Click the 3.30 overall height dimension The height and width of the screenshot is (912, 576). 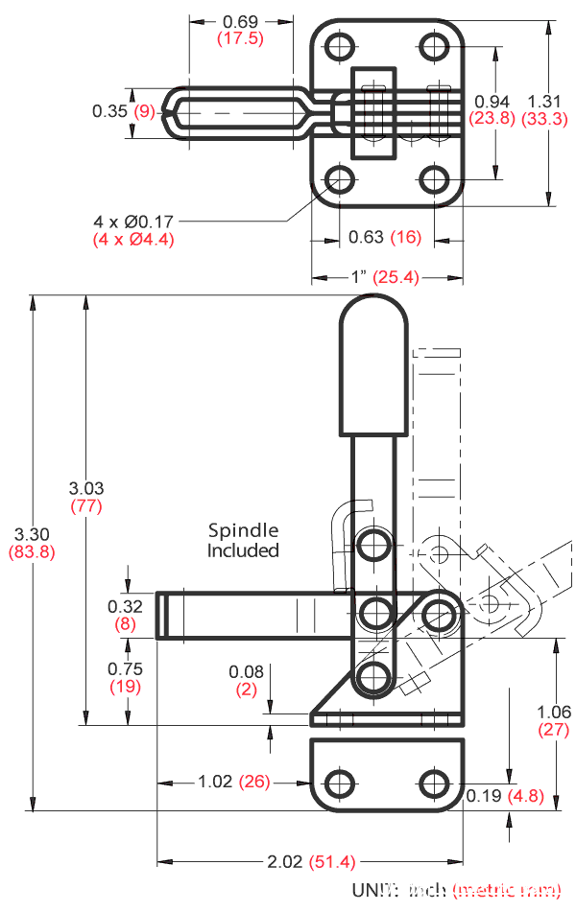[33, 534]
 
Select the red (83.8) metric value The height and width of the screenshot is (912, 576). [33, 551]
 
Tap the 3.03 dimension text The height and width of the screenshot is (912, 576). [86, 488]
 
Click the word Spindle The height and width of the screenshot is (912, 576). [243, 530]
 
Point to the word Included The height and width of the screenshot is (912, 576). [243, 550]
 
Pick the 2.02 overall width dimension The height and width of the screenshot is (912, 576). [285, 862]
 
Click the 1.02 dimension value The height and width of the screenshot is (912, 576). [215, 782]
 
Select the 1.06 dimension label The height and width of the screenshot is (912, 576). [555, 712]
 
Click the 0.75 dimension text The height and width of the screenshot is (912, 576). [125, 669]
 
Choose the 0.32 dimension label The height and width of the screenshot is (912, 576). [125, 606]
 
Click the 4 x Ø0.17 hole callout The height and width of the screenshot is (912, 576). [134, 222]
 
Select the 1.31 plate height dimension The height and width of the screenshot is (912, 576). [544, 102]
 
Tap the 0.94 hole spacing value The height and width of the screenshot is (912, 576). [492, 102]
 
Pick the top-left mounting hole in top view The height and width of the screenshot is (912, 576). [338, 47]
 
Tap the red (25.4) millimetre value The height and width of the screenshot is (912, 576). [396, 277]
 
